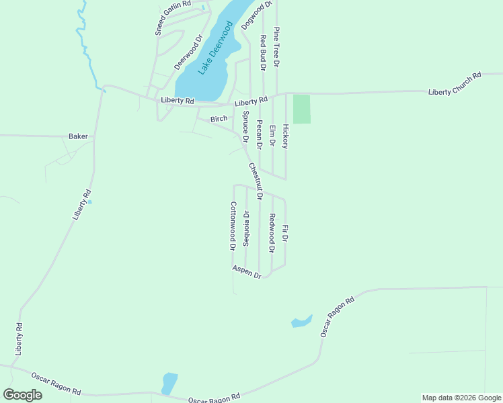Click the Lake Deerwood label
215,48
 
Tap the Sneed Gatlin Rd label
172,17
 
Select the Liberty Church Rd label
455,84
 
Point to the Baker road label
78,136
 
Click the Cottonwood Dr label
233,226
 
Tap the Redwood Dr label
272,233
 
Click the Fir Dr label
285,234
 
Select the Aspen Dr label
246,271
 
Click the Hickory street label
286,136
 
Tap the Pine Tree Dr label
276,47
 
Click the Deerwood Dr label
188,53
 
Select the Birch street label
219,119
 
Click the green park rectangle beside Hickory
302,109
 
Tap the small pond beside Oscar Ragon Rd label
301,321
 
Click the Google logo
22,394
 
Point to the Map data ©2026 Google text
461,398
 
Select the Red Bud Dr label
263,53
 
